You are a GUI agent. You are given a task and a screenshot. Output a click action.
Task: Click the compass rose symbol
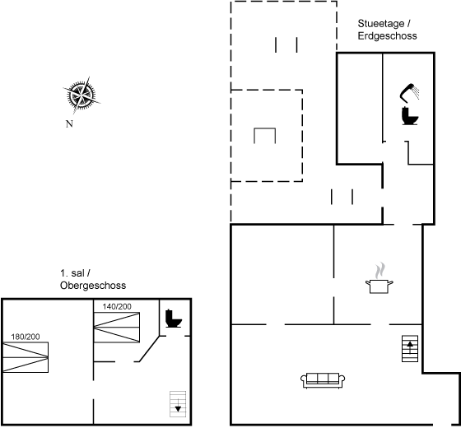81,95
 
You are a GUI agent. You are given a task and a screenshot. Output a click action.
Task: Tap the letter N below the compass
69,124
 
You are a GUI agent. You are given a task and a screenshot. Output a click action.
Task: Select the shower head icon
409,93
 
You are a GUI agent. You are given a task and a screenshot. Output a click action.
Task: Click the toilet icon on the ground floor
410,116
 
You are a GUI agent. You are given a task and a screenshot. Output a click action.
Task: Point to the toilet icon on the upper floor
174,319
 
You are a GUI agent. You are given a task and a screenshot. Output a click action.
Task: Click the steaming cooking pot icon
380,278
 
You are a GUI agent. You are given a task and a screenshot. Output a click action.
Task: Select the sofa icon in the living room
323,380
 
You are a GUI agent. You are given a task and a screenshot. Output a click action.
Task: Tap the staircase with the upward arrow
410,349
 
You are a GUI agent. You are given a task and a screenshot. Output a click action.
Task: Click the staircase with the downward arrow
178,404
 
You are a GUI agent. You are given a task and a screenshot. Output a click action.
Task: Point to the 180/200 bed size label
26,337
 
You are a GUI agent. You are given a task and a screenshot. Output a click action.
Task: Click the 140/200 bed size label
117,306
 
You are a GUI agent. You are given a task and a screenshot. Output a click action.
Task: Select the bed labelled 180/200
26,357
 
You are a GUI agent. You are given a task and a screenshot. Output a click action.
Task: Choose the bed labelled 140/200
117,328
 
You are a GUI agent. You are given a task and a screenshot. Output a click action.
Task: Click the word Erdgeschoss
387,36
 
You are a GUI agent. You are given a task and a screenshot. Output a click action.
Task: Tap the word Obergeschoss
93,286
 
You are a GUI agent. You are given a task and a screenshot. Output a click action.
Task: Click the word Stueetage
381,23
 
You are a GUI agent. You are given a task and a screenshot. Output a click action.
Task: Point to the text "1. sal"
72,273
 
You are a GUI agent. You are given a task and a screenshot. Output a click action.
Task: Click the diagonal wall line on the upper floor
149,349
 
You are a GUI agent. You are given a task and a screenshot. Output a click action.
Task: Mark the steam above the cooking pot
380,270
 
